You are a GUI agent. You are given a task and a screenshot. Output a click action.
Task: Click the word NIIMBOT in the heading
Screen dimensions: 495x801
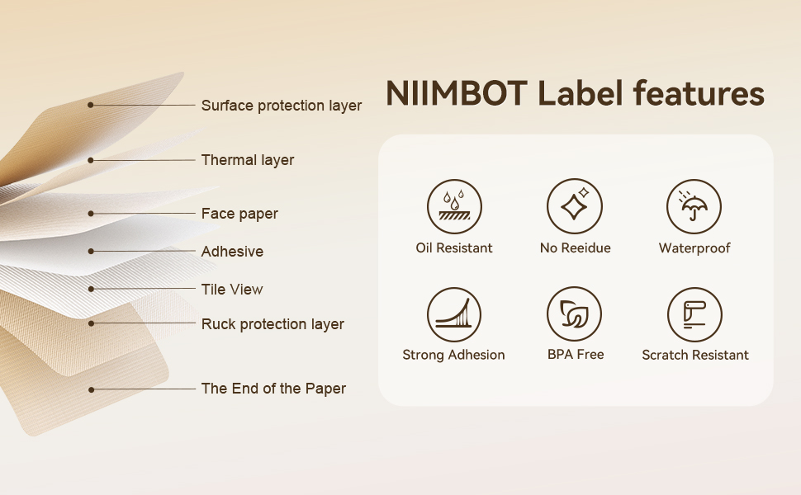(457, 94)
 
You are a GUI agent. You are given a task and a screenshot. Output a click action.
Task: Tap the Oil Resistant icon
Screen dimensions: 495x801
(454, 206)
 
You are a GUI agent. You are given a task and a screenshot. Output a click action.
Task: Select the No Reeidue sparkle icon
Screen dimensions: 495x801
(575, 206)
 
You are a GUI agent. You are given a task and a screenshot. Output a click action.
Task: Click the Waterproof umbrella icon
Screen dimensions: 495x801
(694, 206)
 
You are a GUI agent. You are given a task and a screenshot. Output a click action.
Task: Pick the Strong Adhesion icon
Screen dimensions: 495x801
(454, 314)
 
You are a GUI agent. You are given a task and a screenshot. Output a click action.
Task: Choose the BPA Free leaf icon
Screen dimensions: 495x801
(575, 314)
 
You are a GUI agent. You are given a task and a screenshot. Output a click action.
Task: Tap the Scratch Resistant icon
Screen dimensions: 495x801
(694, 314)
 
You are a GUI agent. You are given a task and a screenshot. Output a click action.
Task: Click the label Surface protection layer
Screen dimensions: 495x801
(282, 106)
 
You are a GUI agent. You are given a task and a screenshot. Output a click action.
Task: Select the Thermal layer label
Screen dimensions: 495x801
(248, 160)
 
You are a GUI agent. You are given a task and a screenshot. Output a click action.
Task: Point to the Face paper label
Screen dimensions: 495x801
(239, 214)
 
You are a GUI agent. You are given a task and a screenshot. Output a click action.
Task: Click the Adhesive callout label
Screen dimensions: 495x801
(232, 252)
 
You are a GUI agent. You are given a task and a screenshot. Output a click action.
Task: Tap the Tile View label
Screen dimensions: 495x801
(232, 290)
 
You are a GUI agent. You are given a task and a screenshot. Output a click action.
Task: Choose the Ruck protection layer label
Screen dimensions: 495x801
(273, 324)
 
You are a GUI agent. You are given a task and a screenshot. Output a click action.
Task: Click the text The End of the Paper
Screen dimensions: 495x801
(273, 389)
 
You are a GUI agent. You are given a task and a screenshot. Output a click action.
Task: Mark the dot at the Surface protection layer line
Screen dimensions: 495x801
(91, 105)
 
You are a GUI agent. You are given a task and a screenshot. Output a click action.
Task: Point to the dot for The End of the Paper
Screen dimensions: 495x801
(91, 389)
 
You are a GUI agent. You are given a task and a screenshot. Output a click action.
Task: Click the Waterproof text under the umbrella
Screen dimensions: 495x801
(694, 248)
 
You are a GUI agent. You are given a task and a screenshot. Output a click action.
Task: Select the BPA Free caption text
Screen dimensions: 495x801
(576, 355)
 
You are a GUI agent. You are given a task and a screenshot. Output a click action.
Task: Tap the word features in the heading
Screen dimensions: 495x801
(699, 94)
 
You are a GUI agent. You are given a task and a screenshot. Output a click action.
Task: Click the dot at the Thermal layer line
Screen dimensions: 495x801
(91, 160)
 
